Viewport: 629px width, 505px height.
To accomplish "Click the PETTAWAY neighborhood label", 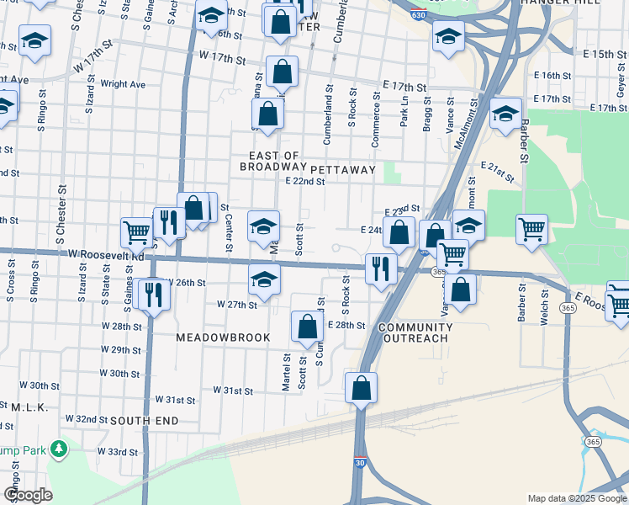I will (x=346, y=169).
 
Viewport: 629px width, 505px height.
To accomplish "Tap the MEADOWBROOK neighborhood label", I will (x=223, y=338).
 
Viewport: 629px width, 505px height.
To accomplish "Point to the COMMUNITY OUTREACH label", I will (x=415, y=332).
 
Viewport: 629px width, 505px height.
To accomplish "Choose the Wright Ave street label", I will (x=123, y=84).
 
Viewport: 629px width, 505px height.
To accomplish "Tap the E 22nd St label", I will (x=304, y=181).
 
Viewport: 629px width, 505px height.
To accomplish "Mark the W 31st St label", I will (x=233, y=391).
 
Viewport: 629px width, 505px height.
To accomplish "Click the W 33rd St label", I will (x=117, y=451).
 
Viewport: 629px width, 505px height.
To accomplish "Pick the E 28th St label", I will (x=346, y=325).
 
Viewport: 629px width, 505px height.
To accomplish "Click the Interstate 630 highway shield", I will (x=418, y=14).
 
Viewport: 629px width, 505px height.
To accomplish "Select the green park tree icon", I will (x=59, y=449).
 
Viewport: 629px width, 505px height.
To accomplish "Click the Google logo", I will (x=29, y=495).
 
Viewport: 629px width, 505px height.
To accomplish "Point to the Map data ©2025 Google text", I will (x=576, y=498).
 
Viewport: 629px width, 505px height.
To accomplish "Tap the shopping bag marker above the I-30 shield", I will (x=361, y=389).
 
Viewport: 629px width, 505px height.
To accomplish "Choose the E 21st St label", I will (x=498, y=172).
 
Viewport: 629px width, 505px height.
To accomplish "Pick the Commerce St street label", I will (x=377, y=120).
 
